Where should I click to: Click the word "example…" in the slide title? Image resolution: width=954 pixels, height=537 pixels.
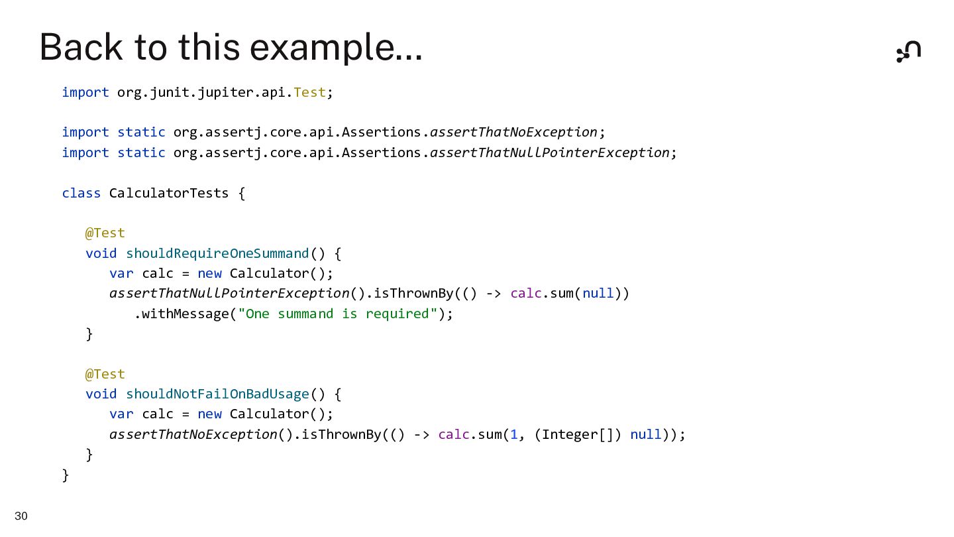[x=336, y=48]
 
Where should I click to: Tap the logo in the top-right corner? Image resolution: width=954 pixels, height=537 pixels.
[x=908, y=51]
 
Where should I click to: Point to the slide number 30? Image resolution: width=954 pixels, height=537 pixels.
[x=21, y=516]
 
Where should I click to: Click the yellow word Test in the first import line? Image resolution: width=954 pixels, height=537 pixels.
[x=310, y=92]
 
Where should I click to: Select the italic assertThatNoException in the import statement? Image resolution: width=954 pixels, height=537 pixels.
[x=513, y=132]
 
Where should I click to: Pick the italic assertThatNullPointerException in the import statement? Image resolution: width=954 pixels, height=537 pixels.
[x=549, y=152]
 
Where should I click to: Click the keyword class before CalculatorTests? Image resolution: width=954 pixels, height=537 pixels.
[x=81, y=193]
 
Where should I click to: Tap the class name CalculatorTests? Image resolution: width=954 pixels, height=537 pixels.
[x=169, y=193]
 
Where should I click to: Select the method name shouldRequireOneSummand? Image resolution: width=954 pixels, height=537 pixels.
[x=217, y=253]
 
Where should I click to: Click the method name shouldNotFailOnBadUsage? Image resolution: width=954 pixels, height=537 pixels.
[x=217, y=394]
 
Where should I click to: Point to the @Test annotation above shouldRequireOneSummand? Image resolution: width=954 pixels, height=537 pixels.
[x=105, y=233]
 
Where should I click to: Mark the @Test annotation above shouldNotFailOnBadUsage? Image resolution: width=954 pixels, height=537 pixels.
[x=105, y=374]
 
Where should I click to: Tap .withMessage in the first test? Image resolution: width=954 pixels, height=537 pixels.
[x=182, y=314]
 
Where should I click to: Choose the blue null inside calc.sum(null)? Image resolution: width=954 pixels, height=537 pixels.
[x=598, y=293]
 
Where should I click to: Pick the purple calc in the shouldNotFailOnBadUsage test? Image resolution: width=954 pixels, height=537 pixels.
[x=454, y=434]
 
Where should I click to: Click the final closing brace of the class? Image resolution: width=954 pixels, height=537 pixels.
[x=65, y=475]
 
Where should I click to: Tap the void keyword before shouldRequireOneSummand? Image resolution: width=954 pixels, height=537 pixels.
[x=101, y=253]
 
